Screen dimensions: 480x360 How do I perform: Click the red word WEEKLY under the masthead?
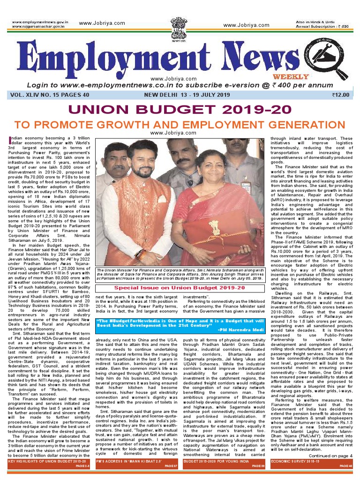point(291,76)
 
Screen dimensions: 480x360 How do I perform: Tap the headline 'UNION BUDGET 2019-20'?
point(180,109)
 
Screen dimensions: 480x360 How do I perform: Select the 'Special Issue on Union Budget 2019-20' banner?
point(180,287)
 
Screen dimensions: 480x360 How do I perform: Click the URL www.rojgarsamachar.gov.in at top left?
point(40,27)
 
